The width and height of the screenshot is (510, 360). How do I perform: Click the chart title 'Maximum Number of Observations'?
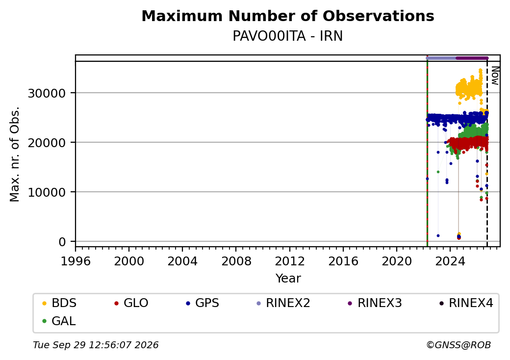288,16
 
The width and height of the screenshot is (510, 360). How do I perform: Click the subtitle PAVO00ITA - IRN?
288,36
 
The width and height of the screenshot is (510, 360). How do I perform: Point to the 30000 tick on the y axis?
47,93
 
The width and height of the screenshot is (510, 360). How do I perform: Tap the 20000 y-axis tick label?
47,143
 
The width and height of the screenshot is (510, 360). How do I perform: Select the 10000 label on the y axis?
47,193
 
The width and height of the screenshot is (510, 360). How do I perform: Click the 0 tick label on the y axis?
62,242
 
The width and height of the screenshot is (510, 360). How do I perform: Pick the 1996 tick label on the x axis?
76,261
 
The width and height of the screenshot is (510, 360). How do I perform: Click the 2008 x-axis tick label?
236,261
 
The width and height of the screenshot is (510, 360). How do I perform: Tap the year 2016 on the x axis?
343,261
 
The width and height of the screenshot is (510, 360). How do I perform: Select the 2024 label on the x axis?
450,261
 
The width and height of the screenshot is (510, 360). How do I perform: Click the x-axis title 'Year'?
288,279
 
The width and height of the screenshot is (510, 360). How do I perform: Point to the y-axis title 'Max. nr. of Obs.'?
15,154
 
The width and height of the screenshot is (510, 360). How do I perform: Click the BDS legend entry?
59,303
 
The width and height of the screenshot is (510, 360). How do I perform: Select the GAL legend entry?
59,321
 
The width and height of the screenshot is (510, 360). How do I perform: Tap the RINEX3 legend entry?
375,303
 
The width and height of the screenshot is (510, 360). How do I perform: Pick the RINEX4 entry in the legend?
466,303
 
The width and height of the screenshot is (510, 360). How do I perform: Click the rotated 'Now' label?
495,76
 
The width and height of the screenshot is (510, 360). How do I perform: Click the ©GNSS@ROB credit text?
459,345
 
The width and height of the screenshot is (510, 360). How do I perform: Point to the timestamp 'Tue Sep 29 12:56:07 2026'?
96,345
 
